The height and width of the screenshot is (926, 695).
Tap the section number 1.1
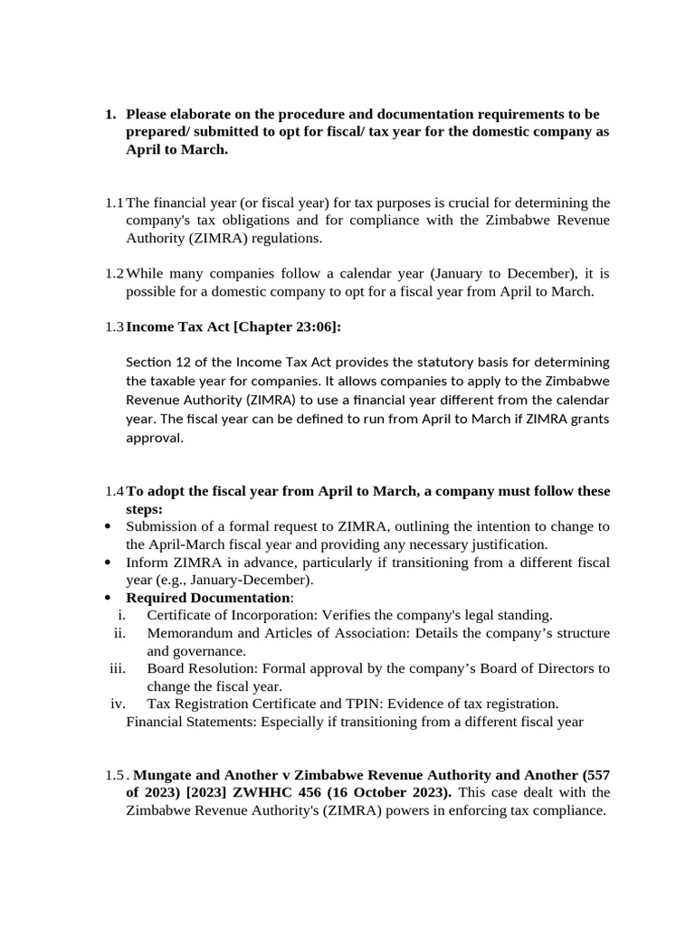114,202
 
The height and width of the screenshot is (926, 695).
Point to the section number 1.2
114,273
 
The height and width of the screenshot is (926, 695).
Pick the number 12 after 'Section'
184,363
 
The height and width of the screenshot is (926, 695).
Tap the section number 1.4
114,491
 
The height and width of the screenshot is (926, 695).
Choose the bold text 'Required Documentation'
207,598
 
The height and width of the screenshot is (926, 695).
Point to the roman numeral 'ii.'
119,633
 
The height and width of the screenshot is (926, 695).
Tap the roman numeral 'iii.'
117,668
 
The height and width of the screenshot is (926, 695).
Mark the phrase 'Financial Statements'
189,722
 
